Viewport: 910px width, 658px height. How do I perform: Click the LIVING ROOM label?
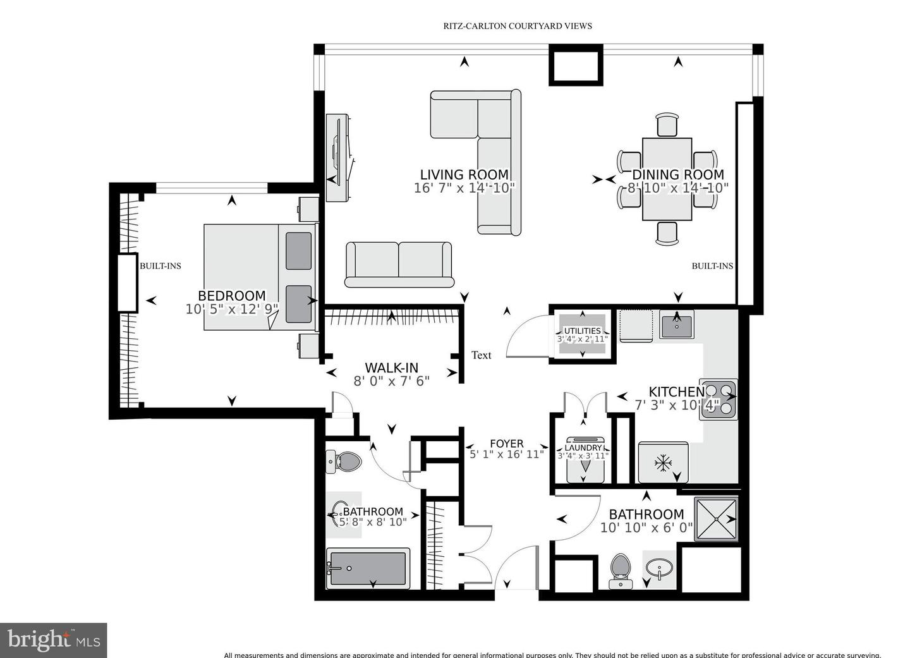pos(464,174)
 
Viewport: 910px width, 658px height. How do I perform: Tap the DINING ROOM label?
pos(677,174)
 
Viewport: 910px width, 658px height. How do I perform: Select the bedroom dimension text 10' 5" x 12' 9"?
pos(232,309)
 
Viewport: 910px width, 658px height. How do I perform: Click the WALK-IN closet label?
pos(391,368)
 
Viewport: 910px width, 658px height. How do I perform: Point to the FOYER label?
pos(506,444)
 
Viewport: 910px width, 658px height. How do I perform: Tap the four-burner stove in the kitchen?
pos(719,399)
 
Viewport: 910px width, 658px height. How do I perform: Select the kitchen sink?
pos(676,325)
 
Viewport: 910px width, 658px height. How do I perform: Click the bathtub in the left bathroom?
pos(367,568)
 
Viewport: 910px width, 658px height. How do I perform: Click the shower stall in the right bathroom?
pos(716,519)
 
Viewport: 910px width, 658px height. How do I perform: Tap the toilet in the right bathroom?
pos(621,570)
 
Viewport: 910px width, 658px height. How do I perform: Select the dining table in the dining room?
pos(667,179)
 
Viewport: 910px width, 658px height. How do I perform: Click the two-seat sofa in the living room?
pos(399,264)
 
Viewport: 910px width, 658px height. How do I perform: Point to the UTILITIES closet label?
pos(582,331)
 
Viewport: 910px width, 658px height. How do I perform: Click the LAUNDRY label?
pos(583,448)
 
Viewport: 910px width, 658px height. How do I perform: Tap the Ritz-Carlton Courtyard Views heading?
pos(517,26)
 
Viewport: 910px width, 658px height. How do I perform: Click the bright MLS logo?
pos(54,640)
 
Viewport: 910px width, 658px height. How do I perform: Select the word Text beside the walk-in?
pos(481,355)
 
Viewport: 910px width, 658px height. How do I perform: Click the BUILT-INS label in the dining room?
pos(712,266)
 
